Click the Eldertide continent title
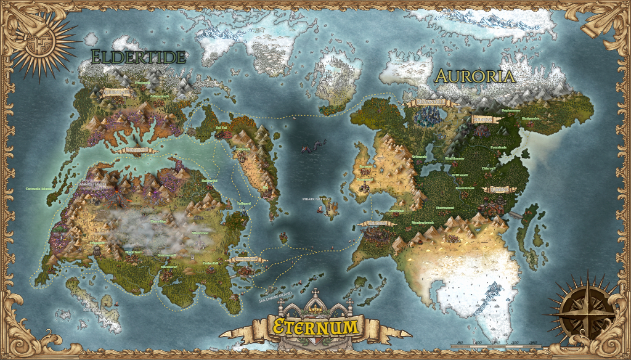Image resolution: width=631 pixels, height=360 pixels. pyautogui.click(x=138, y=57)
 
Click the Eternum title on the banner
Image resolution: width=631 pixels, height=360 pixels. pyautogui.click(x=315, y=325)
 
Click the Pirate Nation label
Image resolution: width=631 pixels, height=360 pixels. pyautogui.click(x=316, y=199)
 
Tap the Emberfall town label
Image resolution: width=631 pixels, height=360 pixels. pyautogui.click(x=211, y=263)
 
